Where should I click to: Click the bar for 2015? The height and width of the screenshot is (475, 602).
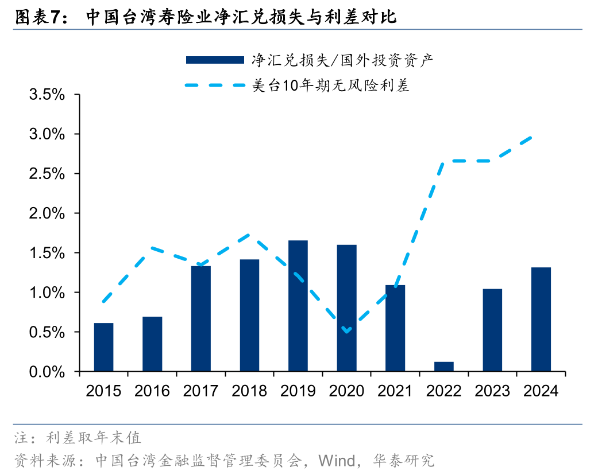point(103,347)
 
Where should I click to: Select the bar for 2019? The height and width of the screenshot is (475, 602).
point(298,306)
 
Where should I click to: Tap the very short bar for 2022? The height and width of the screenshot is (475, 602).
point(444,367)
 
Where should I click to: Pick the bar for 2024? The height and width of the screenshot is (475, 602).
point(541,320)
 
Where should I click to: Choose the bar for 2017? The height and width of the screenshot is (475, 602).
point(201,319)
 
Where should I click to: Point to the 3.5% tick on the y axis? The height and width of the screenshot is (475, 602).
point(47,95)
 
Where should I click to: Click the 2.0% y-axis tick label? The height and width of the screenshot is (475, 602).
point(47,213)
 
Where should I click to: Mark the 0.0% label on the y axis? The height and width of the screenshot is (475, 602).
point(47,372)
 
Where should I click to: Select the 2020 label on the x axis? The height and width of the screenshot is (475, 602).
point(346,391)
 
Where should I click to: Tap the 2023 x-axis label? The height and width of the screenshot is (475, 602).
point(492,391)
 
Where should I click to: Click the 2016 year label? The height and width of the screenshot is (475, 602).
point(152,391)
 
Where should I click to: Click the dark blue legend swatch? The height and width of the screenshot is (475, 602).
point(215,60)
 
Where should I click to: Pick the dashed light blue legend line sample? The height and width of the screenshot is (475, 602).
point(215,86)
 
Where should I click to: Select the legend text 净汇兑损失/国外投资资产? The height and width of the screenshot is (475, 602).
point(342,60)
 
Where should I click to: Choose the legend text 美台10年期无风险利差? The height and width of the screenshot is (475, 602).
point(330,86)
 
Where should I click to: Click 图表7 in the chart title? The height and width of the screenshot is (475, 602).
point(37,17)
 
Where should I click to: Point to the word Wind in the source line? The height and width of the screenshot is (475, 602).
point(336,460)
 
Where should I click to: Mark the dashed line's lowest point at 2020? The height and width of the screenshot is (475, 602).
point(346,331)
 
